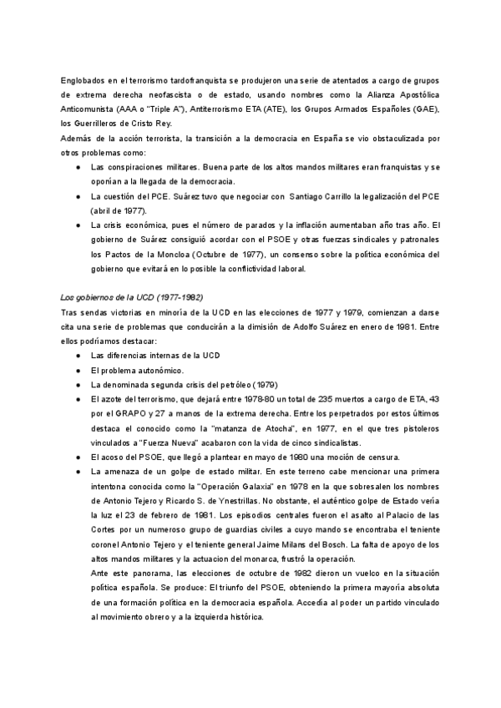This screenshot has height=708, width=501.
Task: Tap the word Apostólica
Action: [x=414, y=95]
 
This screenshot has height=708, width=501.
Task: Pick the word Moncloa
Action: [x=166, y=255]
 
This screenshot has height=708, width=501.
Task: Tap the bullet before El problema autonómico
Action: [x=77, y=370]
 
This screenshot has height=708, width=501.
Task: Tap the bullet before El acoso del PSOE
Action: [x=77, y=458]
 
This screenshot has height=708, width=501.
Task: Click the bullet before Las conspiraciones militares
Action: [x=77, y=168]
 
